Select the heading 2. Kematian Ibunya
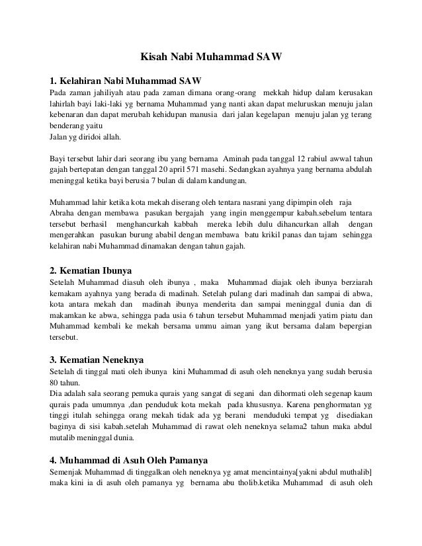pyautogui.click(x=91, y=270)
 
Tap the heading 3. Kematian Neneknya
pyautogui.click(x=97, y=360)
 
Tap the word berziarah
pyautogui.click(x=351, y=282)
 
